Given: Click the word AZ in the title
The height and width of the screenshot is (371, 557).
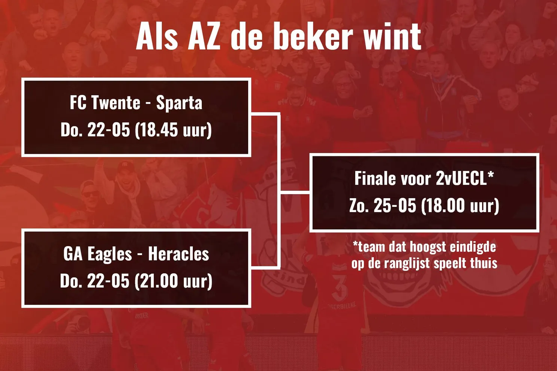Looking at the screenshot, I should pos(204,36).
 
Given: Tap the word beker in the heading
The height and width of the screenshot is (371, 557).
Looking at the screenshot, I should pos(313,36).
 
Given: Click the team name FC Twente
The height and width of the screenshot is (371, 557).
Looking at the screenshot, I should pos(105,103).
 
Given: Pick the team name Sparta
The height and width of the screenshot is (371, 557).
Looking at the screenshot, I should pos(179,103).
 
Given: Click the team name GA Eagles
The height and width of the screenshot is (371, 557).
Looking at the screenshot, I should pos(98,254).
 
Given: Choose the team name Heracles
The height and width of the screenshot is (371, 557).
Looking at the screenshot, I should pos(179,254).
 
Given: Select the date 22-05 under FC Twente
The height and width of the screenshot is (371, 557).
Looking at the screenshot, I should pos(109,130).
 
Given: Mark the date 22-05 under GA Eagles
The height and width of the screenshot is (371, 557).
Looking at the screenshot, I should pos(108,281).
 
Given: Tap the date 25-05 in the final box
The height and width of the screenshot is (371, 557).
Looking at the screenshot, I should pos(395,206).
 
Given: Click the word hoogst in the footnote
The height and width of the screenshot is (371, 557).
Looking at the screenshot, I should pos(428,247).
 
